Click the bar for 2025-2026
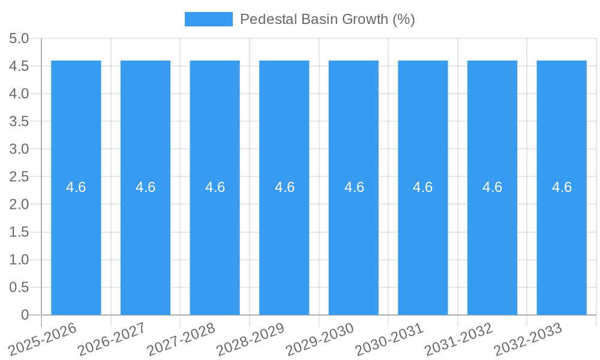(76, 240)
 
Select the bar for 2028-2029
(284, 240)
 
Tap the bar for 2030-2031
(423, 240)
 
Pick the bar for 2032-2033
(562, 240)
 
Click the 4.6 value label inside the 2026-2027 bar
(145, 187)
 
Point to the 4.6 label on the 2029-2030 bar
(354, 187)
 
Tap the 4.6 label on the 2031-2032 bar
(493, 187)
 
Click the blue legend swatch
(208, 19)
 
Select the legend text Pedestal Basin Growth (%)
(327, 19)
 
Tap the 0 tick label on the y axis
(25, 315)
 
